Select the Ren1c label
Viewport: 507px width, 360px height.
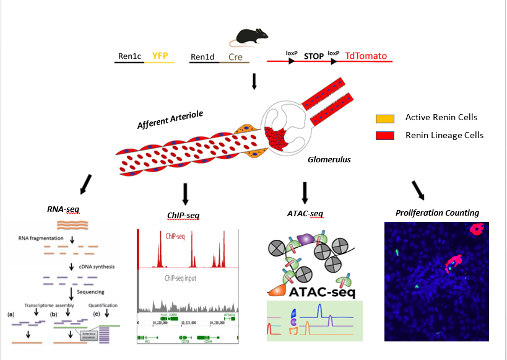point(129,56)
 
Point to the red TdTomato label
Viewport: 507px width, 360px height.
point(366,56)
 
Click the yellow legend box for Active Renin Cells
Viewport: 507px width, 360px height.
point(384,117)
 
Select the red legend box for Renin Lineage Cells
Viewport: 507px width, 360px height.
point(384,135)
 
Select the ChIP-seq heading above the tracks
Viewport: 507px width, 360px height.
point(184,215)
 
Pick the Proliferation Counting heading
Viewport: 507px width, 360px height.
point(437,213)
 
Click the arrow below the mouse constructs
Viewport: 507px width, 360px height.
point(254,81)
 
